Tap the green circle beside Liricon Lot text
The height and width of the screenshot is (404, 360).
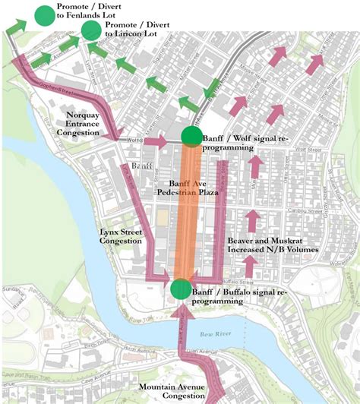tap(92, 30)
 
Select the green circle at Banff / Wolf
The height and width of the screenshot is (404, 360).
tap(191, 136)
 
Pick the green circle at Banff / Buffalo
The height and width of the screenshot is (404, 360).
tap(181, 289)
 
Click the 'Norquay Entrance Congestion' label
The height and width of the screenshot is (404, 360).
tap(90, 122)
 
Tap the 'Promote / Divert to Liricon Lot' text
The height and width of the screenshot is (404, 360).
tap(137, 30)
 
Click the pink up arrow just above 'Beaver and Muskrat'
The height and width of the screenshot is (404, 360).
tap(253, 220)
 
